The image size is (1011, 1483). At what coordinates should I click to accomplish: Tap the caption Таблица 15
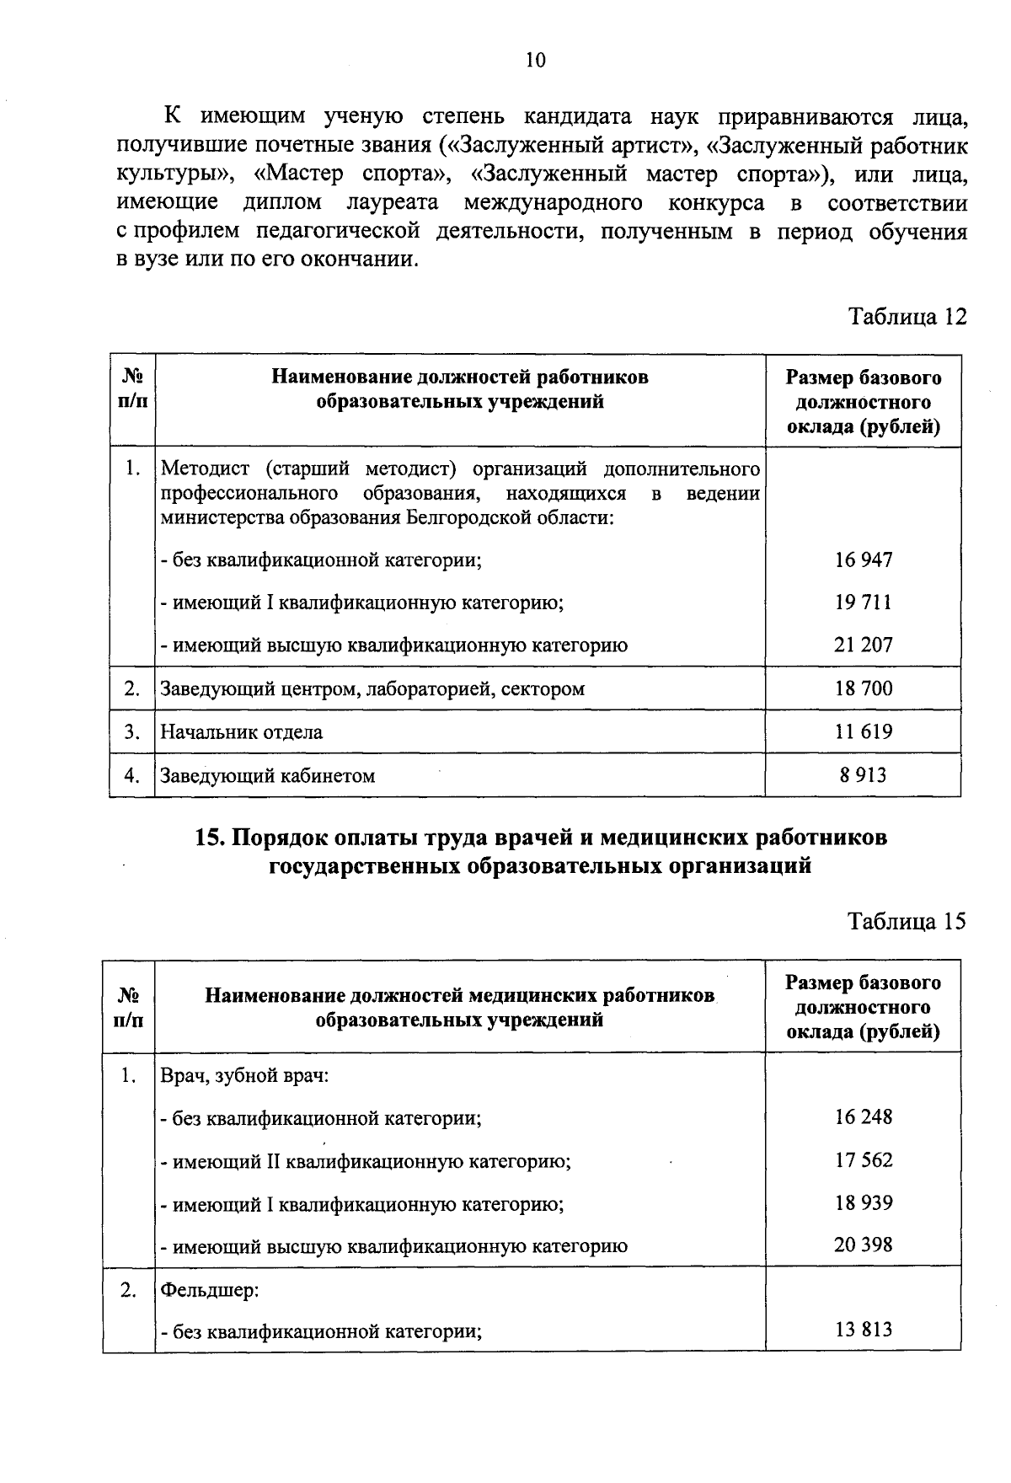click(906, 920)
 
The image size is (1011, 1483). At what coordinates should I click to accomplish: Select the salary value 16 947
click(863, 559)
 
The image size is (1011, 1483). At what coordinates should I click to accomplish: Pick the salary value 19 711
click(863, 602)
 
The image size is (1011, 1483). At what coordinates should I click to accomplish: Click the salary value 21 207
click(863, 645)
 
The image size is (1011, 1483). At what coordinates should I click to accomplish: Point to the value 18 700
click(863, 688)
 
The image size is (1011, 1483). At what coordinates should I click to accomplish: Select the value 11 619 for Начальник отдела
click(863, 731)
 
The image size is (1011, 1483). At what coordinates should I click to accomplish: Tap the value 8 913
click(863, 774)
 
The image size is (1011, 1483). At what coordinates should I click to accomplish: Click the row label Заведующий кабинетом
click(268, 775)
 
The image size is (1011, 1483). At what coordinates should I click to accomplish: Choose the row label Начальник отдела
click(241, 732)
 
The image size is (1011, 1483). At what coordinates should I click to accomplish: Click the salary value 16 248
click(863, 1117)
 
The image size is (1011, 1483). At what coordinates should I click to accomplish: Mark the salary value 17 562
click(863, 1160)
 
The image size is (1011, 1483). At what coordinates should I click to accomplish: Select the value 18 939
click(863, 1202)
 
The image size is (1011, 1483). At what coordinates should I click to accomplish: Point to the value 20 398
click(863, 1245)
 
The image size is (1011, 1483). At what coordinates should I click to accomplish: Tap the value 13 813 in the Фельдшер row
click(863, 1330)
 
